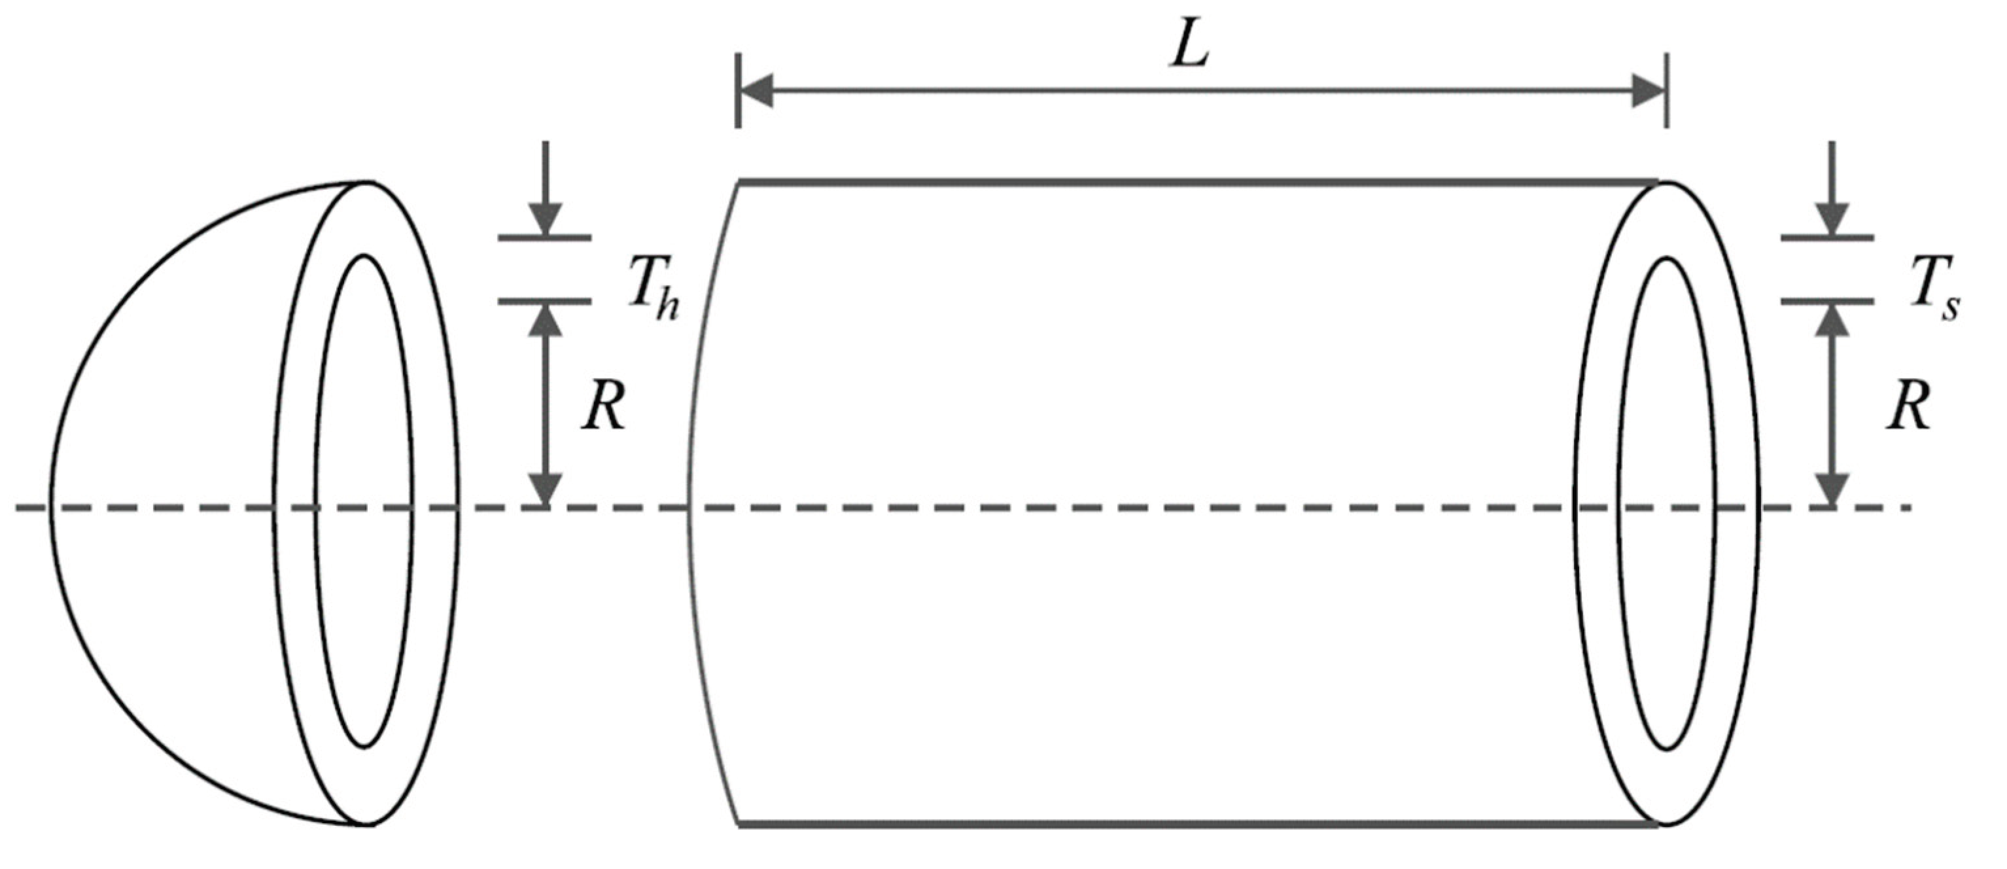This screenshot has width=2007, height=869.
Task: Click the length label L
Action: tap(1190, 50)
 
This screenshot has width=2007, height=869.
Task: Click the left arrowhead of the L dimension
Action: tap(756, 91)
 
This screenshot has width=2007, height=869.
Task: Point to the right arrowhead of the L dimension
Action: tap(1647, 91)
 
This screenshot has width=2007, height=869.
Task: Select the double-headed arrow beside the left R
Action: tap(546, 405)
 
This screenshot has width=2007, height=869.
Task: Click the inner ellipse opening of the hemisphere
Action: tap(364, 503)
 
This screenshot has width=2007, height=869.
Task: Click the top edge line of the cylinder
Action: tap(1192, 183)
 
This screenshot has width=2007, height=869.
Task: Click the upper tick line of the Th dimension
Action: tap(546, 237)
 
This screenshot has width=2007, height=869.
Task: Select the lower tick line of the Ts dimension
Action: tap(1828, 301)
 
